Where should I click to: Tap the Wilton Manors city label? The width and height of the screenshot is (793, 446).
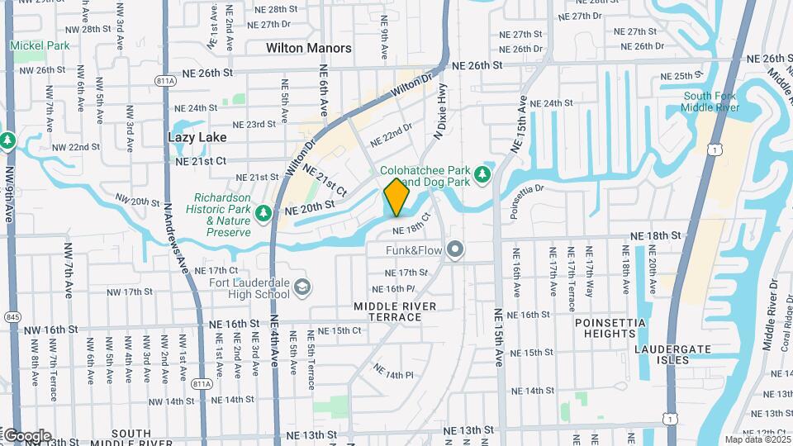309,48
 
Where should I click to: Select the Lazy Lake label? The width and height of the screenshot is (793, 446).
197,137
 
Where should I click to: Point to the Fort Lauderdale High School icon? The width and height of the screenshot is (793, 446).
303,287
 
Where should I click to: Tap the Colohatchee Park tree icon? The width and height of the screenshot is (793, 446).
483,173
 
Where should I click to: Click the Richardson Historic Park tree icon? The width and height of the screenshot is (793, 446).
264,215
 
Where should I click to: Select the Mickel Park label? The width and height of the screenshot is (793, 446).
40,45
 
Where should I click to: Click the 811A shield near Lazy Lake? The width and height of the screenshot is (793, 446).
164,80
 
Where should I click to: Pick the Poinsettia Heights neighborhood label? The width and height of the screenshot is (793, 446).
606,327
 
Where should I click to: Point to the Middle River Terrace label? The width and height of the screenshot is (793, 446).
395,311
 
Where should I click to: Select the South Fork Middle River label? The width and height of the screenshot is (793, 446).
711,102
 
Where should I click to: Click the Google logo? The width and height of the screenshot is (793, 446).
26,435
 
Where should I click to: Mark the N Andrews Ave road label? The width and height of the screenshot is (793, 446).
174,236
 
